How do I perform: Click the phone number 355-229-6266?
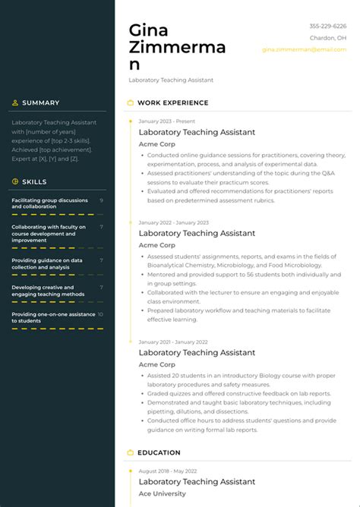point(327,27)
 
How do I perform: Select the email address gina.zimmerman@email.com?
point(304,49)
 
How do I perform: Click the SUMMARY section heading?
point(40,102)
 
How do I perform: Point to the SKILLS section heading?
point(34,181)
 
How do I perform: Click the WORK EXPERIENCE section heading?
point(172,102)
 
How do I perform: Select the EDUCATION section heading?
point(159,452)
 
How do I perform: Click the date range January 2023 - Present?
point(166,121)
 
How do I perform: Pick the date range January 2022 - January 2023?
point(173,222)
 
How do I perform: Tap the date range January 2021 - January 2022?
point(173,342)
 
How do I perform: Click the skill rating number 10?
point(101,314)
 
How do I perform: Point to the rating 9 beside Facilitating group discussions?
point(102,200)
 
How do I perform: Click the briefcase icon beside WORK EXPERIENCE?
point(130,102)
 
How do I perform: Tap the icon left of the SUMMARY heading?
point(15,102)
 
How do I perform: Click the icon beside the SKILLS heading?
point(15,181)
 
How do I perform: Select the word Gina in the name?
point(149,30)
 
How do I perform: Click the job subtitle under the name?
point(171,80)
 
